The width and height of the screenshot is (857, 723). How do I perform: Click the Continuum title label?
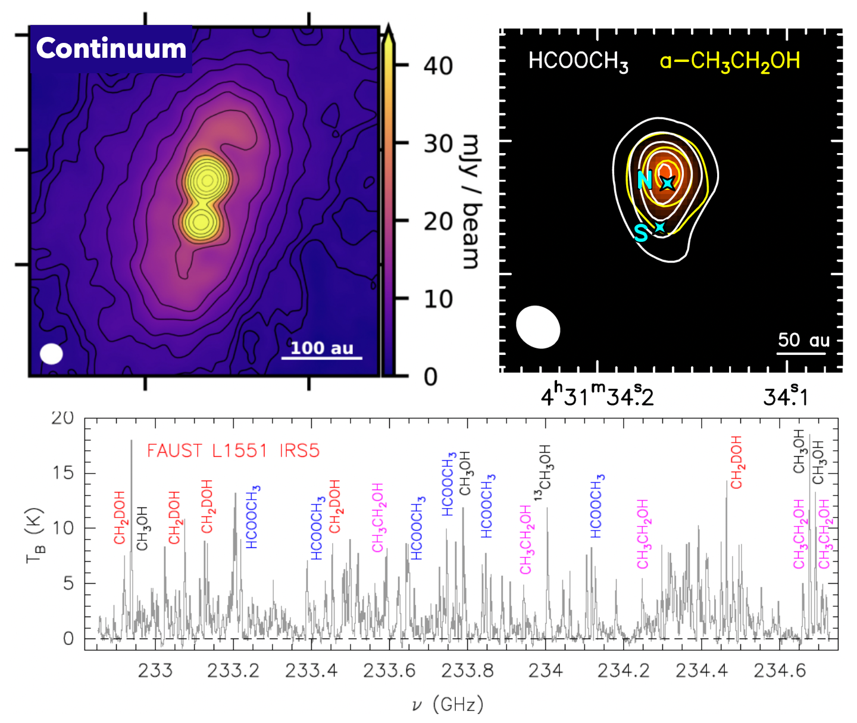[111, 48]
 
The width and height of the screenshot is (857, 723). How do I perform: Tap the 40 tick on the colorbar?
[438, 66]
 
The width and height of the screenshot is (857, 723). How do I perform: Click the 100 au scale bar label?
[321, 348]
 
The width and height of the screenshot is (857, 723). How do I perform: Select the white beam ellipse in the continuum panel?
[51, 354]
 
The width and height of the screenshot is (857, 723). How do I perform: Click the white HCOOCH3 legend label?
[578, 61]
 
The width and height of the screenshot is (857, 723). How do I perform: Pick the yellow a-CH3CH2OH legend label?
[730, 61]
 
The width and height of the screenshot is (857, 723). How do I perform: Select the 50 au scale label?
[803, 340]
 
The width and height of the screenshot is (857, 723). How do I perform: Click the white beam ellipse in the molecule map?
[538, 327]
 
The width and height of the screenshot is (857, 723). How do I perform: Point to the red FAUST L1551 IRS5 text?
[233, 451]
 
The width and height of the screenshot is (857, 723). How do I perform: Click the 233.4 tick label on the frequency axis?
[311, 671]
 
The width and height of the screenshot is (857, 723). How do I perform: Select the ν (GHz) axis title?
[448, 705]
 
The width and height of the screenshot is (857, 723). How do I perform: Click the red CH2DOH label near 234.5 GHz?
[737, 462]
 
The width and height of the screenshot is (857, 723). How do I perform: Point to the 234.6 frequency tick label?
[780, 671]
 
